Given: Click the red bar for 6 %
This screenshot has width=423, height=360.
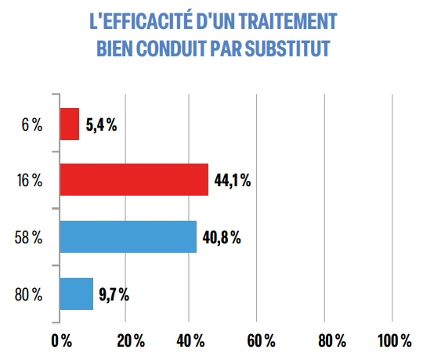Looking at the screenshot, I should tap(70, 124).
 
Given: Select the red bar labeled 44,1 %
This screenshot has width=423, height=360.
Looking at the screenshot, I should tap(134, 180).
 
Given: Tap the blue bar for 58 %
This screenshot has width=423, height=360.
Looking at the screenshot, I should tap(128, 237).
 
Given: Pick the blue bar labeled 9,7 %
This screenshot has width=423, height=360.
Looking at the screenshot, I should tap(77, 294).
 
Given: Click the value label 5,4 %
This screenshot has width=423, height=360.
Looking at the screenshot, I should tap(101, 124).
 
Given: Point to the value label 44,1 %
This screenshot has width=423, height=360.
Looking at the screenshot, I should tap(231, 181).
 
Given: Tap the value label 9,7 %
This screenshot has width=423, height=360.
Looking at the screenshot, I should tap(114, 295).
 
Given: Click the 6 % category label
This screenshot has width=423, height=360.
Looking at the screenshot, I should tap(31, 124).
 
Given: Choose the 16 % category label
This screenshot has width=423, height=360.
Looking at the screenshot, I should tap(29, 181).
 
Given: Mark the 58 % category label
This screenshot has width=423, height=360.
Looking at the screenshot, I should tap(28, 238).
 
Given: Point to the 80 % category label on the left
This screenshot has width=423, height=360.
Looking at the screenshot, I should tap(28, 295).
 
